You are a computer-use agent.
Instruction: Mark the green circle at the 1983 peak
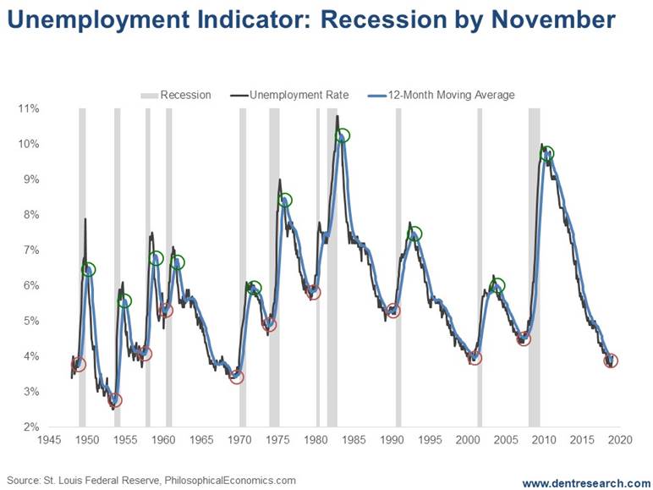pyautogui.click(x=343, y=135)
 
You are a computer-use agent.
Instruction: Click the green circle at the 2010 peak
pyautogui.click(x=547, y=154)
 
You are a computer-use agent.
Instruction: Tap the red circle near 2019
pyautogui.click(x=611, y=361)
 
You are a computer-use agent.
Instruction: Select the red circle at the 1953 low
pyautogui.click(x=115, y=400)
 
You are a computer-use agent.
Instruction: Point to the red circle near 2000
pyautogui.click(x=475, y=358)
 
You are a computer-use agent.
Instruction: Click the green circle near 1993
pyautogui.click(x=414, y=234)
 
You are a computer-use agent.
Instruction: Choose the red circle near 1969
pyautogui.click(x=237, y=377)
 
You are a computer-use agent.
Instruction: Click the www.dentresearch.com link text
pyautogui.click(x=585, y=482)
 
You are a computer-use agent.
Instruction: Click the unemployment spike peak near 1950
pyautogui.click(x=85, y=219)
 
